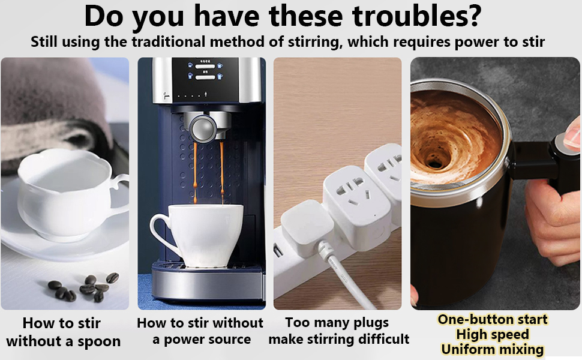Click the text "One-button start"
click(x=493, y=319)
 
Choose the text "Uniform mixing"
click(x=493, y=349)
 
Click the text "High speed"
click(x=493, y=334)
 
